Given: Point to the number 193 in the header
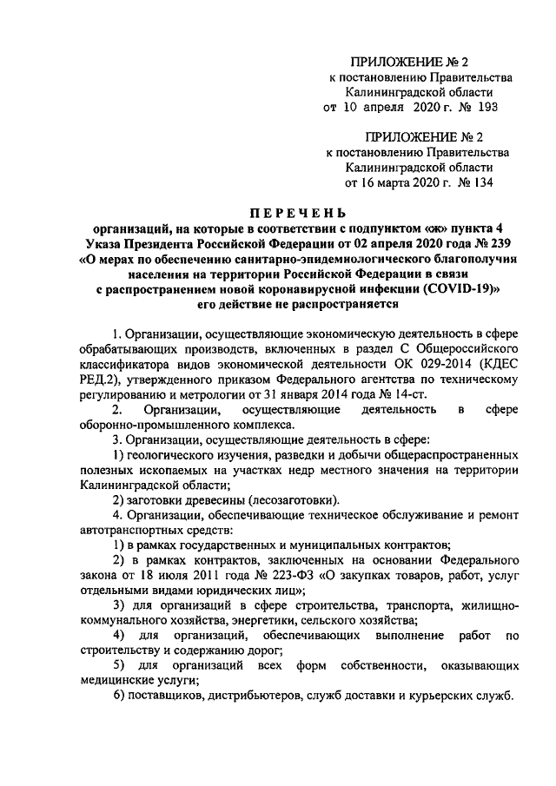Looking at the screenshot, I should pos(489,108).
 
